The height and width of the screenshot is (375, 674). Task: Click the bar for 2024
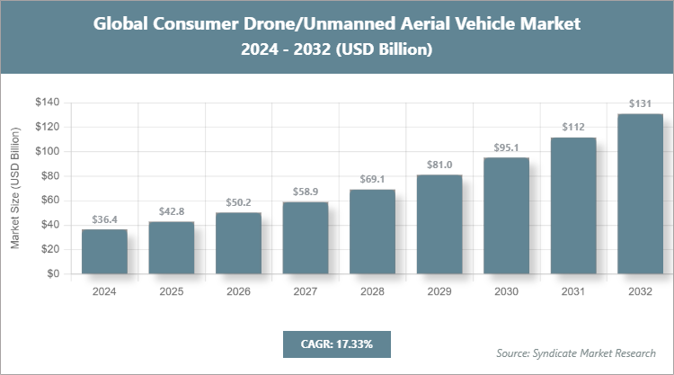[x=104, y=252]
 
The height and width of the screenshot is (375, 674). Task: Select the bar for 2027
[x=306, y=238]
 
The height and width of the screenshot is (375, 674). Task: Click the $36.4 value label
[x=104, y=219]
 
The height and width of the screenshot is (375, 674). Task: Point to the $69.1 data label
[x=372, y=180]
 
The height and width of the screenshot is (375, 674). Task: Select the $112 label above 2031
[x=573, y=128]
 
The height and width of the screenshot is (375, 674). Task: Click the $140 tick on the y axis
[x=48, y=103]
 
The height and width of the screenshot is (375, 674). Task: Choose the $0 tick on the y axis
[x=54, y=273]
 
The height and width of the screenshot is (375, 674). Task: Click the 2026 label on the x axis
[x=238, y=291]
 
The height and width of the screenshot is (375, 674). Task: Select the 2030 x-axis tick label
[x=506, y=291]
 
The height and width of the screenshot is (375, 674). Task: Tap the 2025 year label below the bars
[x=172, y=291]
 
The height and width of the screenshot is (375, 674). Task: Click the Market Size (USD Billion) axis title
[x=15, y=188]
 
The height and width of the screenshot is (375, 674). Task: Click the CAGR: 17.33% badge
[x=336, y=344]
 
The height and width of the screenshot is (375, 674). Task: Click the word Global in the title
[x=123, y=23]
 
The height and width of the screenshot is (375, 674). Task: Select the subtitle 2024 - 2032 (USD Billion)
[x=337, y=50]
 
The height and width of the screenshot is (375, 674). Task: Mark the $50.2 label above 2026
[x=238, y=202]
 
